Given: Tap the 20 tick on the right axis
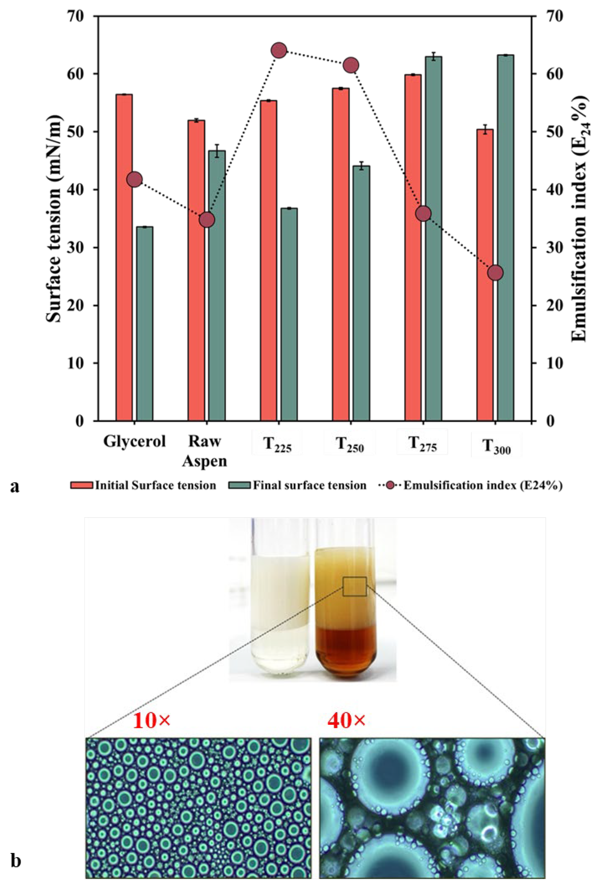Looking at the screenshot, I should point(550,306).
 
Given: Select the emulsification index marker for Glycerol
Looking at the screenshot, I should point(134,180).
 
